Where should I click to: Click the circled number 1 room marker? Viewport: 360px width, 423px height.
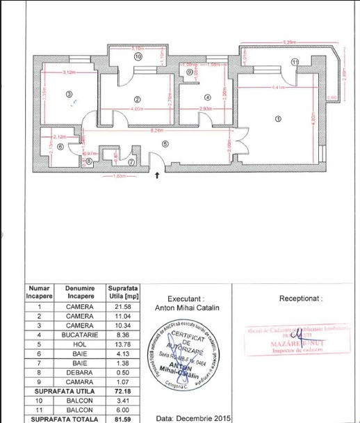pyautogui.click(x=279, y=119)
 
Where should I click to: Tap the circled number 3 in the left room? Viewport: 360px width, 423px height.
pyautogui.click(x=69, y=95)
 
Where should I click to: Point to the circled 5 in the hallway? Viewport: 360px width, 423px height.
pyautogui.click(x=165, y=143)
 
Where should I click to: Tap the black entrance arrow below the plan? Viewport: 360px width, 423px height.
pyautogui.click(x=157, y=175)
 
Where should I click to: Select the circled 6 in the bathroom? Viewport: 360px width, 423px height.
pyautogui.click(x=60, y=147)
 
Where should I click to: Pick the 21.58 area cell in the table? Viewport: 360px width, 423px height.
pyautogui.click(x=122, y=307)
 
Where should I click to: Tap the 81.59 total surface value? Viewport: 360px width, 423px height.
pyautogui.click(x=122, y=419)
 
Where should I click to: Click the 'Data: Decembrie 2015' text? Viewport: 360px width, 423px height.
pyautogui.click(x=193, y=419)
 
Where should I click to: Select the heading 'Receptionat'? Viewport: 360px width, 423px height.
pyautogui.click(x=302, y=298)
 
